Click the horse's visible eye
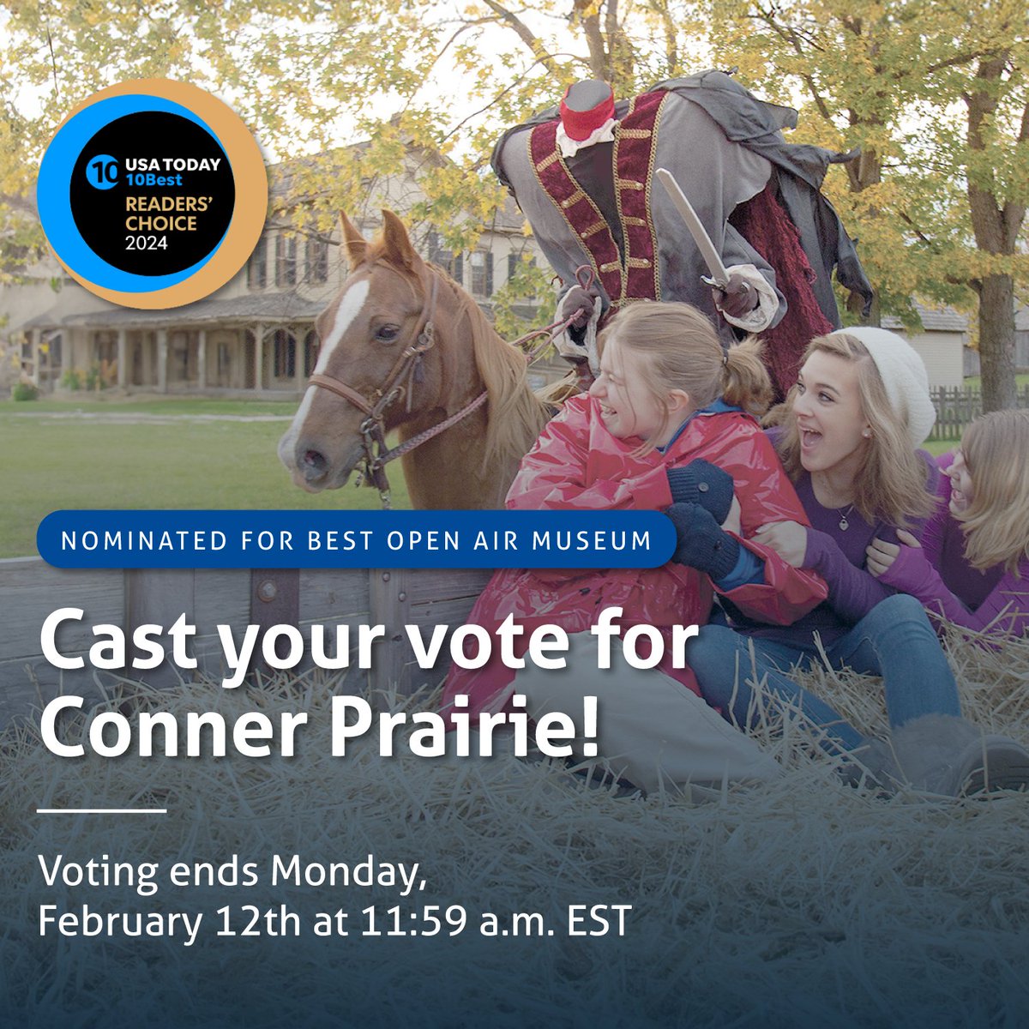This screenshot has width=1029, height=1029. (388, 331)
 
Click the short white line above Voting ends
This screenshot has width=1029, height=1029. (102, 810)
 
